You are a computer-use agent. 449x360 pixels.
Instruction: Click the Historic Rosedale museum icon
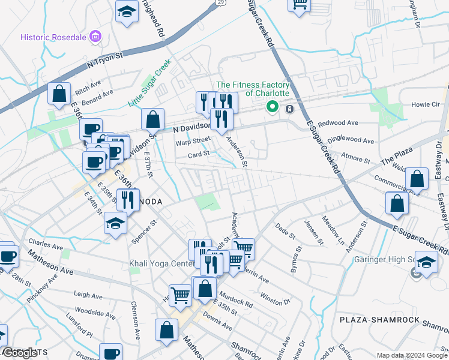tap(95, 37)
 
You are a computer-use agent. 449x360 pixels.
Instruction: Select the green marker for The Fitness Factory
tap(272, 107)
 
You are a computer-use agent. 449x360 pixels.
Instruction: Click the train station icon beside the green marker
tap(289, 109)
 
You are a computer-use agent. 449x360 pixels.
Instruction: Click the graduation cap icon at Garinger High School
tap(426, 263)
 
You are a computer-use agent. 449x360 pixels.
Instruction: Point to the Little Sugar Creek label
tap(150, 83)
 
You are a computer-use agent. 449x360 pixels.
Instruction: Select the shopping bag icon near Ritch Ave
tap(59, 94)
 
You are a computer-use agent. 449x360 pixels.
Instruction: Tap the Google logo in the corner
tap(20, 353)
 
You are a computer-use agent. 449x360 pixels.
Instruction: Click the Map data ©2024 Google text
tap(412, 355)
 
